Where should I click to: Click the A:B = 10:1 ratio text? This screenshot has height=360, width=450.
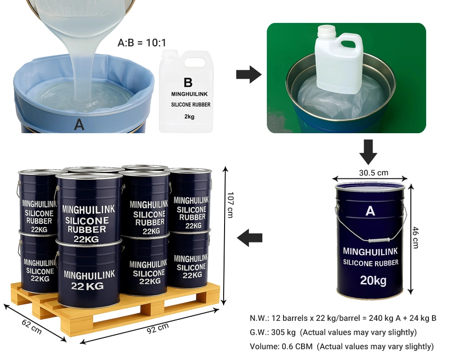(142, 43)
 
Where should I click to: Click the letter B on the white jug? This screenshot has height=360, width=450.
(188, 82)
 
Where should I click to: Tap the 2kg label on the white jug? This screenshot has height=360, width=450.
(189, 117)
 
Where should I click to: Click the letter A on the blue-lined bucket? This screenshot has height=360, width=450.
(79, 125)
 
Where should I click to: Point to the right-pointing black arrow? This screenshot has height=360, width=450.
(249, 75)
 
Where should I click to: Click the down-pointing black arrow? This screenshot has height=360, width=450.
(368, 152)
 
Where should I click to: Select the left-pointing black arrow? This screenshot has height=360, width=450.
(250, 238)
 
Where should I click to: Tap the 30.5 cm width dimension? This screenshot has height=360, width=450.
(373, 173)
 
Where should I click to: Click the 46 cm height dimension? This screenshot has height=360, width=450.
(415, 238)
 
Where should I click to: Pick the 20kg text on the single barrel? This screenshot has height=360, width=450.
(373, 280)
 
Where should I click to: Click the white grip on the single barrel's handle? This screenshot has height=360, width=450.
(378, 240)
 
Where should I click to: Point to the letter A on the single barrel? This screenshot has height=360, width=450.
(370, 211)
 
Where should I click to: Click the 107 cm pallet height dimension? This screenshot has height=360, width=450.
(230, 205)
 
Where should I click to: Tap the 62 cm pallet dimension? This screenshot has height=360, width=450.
(32, 327)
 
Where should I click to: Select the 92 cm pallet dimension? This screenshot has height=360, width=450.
(158, 328)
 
